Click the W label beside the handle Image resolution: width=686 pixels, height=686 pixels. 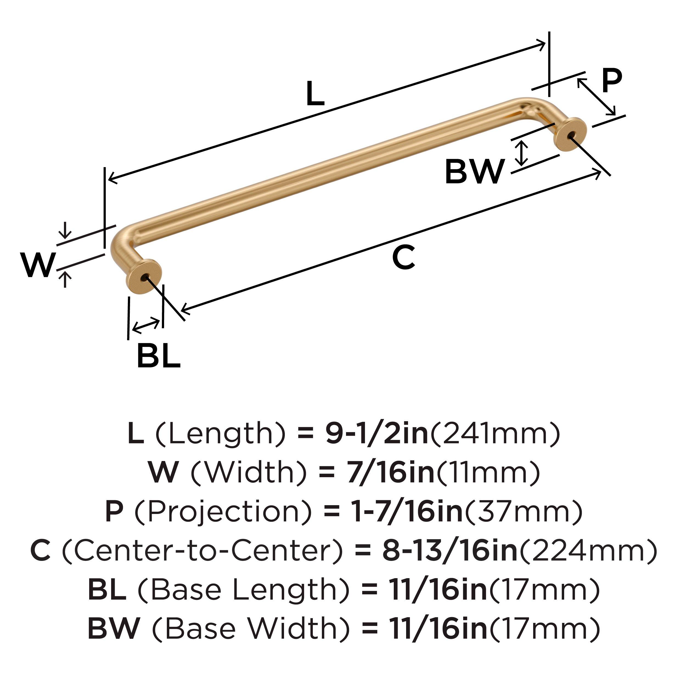pos(38,265)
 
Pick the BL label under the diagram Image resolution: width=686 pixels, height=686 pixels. pos(158,355)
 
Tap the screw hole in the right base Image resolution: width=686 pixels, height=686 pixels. pos(570,135)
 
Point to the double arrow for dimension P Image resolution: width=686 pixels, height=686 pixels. pos(596,97)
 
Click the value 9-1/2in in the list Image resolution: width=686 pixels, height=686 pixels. pos(377,434)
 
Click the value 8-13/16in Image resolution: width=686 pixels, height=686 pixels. pos(450,550)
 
